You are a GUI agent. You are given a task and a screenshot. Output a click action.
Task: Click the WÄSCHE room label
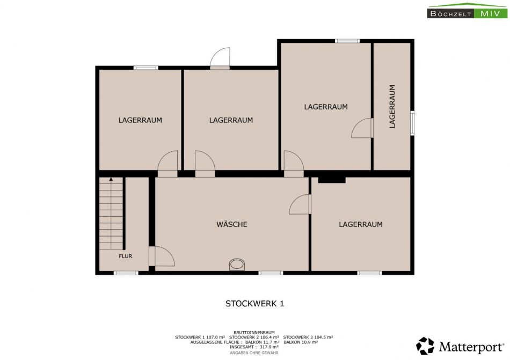point(232,224)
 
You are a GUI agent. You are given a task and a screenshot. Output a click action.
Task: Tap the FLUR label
point(126,256)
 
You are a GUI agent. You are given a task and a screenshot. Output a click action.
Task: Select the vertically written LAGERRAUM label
point(392,106)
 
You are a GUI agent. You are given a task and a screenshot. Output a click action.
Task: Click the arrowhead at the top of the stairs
point(111,179)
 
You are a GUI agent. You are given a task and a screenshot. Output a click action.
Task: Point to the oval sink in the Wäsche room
point(237,265)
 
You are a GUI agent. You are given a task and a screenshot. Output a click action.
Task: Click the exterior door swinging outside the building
point(220,58)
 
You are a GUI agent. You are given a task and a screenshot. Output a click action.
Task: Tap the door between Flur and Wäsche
point(162,256)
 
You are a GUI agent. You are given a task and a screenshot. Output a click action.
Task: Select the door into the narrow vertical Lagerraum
point(362,128)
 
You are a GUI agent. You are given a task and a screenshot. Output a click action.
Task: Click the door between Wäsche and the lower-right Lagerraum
point(300,204)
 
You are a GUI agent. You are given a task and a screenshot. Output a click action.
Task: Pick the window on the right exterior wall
point(412,123)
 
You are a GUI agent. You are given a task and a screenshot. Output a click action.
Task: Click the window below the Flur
point(126,273)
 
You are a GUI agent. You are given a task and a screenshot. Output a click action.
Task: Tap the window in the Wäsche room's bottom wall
point(271,273)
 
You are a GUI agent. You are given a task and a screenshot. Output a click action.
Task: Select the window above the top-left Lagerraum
point(145,68)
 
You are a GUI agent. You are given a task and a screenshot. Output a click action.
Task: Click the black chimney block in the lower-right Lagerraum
point(332,180)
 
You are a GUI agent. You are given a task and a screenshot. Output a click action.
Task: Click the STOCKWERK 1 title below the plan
point(254,304)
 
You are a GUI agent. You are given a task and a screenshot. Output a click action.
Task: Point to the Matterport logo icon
point(425,346)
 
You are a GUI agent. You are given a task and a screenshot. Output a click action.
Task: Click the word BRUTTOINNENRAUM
point(254,333)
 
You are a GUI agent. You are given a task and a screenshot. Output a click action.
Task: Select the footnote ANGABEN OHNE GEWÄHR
point(254,352)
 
